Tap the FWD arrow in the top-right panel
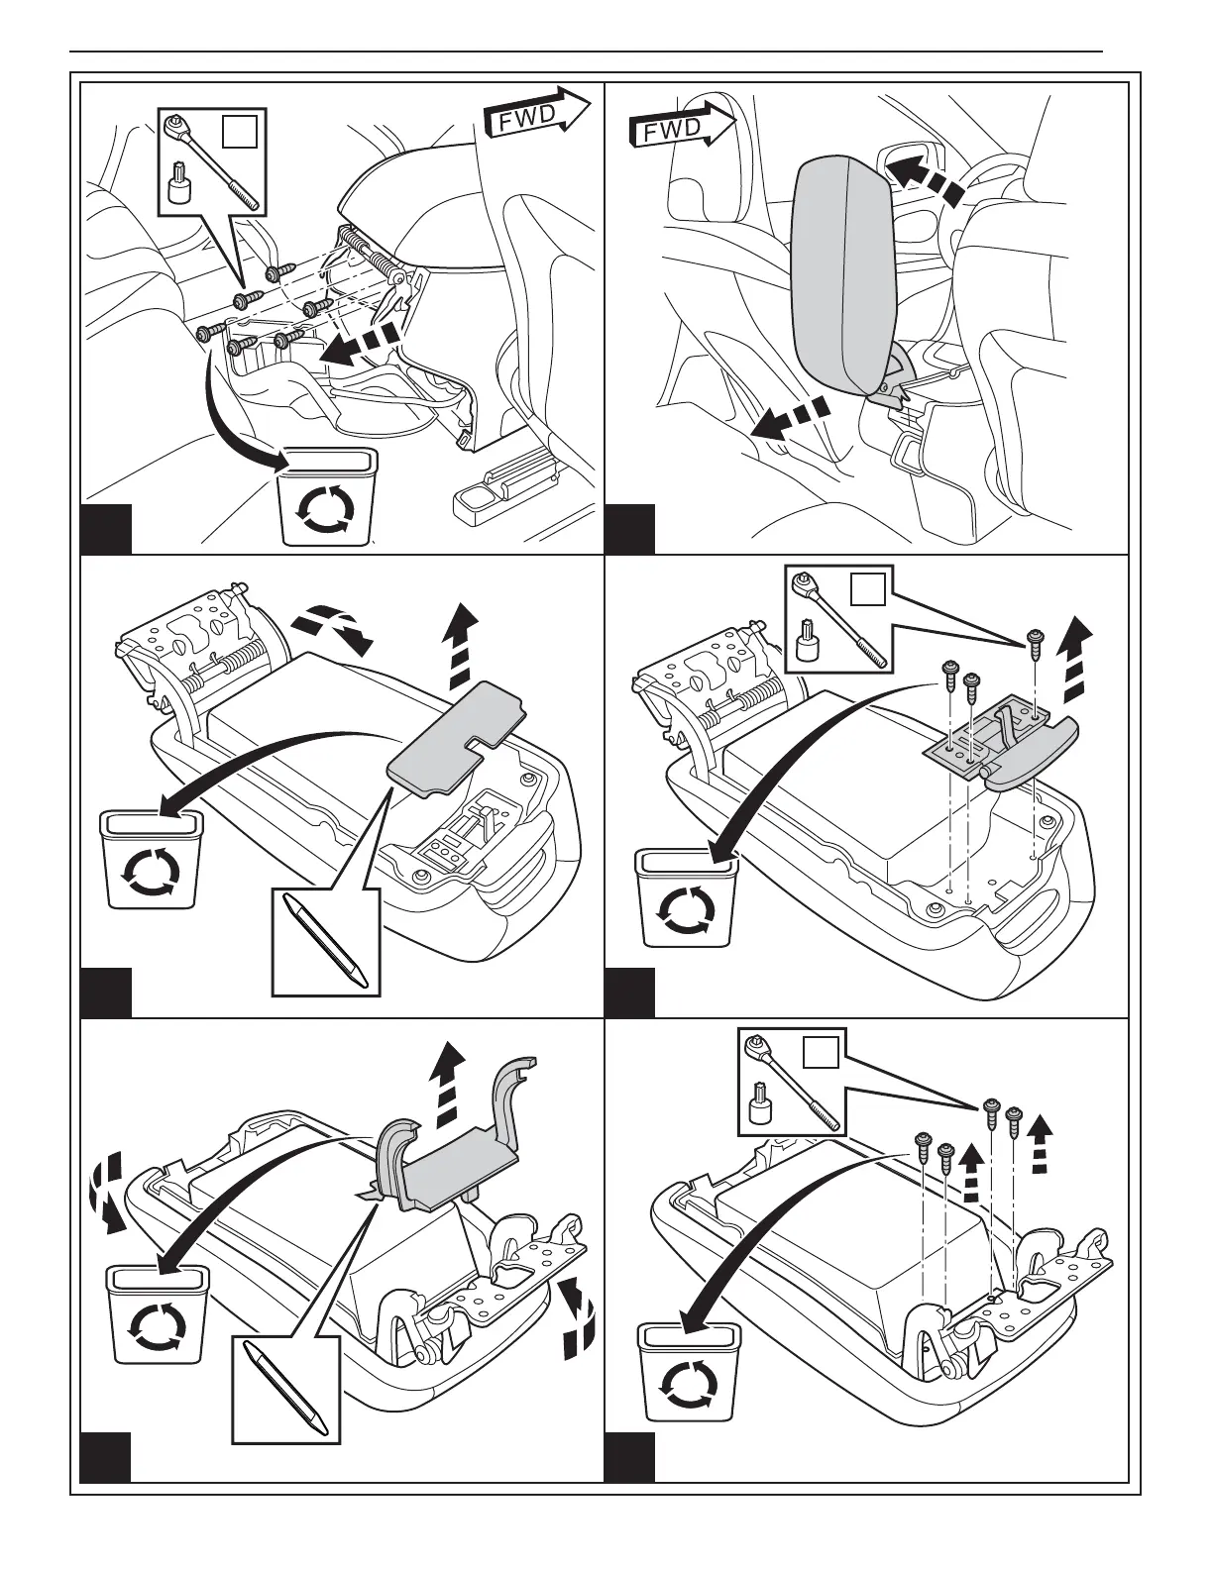pyautogui.click(x=683, y=127)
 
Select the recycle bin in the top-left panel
pyautogui.click(x=328, y=496)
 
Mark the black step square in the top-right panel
pyautogui.click(x=629, y=529)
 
